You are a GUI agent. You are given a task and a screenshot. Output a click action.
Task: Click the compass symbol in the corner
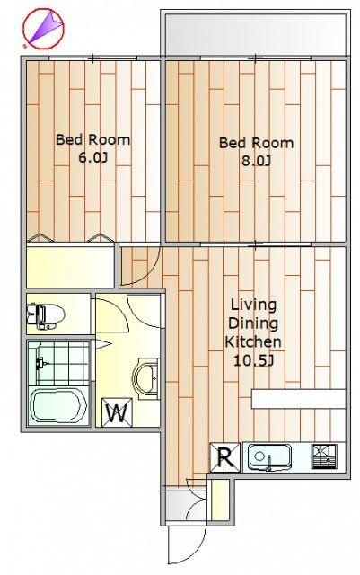[x=43, y=29]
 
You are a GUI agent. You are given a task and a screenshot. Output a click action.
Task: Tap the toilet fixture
[x=46, y=314]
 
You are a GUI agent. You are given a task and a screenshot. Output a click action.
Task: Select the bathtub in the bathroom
[x=58, y=406]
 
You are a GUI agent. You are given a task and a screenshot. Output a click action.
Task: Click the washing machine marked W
[x=117, y=412]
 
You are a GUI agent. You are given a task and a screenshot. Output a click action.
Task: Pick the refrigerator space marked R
[x=225, y=457]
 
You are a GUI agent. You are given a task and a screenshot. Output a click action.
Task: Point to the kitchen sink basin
[x=270, y=457]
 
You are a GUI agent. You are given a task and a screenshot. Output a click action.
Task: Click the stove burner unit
[x=324, y=456]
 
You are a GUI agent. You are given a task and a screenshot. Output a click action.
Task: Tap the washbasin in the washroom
[x=146, y=378]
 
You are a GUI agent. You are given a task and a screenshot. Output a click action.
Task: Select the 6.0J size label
[x=93, y=158]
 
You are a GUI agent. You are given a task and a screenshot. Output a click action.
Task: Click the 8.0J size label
[x=256, y=161]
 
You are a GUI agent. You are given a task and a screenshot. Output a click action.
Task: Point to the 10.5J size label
[x=254, y=361]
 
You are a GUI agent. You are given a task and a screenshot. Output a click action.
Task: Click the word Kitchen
[x=253, y=341]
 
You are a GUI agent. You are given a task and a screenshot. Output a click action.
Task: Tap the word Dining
[x=253, y=323]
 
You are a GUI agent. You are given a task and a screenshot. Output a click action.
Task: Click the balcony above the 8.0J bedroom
[x=256, y=34]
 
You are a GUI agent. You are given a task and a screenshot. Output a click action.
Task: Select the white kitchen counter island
[x=298, y=399]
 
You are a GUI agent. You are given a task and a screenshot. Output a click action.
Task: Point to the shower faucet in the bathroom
[x=41, y=363]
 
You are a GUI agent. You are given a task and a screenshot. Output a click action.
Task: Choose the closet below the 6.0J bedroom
[x=70, y=267]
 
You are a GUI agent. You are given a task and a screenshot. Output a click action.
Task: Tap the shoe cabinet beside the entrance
[x=220, y=500]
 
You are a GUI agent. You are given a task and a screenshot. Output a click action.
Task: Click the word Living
[x=253, y=305]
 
